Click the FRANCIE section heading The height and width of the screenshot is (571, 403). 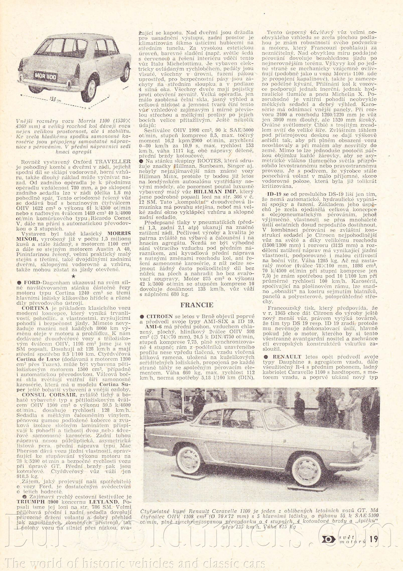pos(197,305)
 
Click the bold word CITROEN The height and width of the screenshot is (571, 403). pos(160,316)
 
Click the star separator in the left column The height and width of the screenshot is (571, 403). pos(73,276)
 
